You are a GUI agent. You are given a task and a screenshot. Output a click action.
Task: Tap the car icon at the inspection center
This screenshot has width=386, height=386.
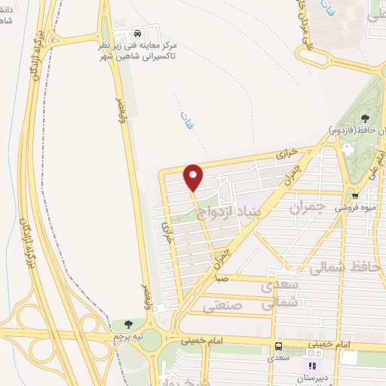[137, 34]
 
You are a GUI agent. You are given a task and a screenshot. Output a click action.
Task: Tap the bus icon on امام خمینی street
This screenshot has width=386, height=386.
[279, 346]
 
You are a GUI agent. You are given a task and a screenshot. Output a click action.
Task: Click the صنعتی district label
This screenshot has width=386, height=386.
[223, 306]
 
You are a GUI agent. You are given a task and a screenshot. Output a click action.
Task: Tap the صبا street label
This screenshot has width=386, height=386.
[220, 278]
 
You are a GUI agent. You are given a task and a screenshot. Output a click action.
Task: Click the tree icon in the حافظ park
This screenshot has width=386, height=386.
[366, 118]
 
